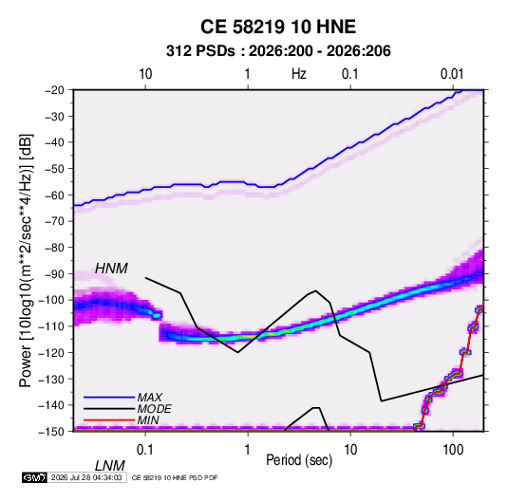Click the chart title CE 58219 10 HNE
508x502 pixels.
tap(278, 27)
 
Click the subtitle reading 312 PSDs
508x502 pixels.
tap(200, 51)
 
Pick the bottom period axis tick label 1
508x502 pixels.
tap(248, 449)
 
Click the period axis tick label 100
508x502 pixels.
tap(453, 449)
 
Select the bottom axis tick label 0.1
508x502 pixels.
tap(145, 449)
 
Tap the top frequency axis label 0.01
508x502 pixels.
tap(452, 74)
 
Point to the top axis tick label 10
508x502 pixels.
tap(145, 74)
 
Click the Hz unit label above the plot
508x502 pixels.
tap(299, 74)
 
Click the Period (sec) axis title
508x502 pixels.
tap(299, 460)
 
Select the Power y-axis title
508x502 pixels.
tap(26, 261)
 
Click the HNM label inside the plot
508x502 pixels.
tap(111, 269)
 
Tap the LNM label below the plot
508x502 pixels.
tap(110, 466)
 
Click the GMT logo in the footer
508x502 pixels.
tap(34, 477)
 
